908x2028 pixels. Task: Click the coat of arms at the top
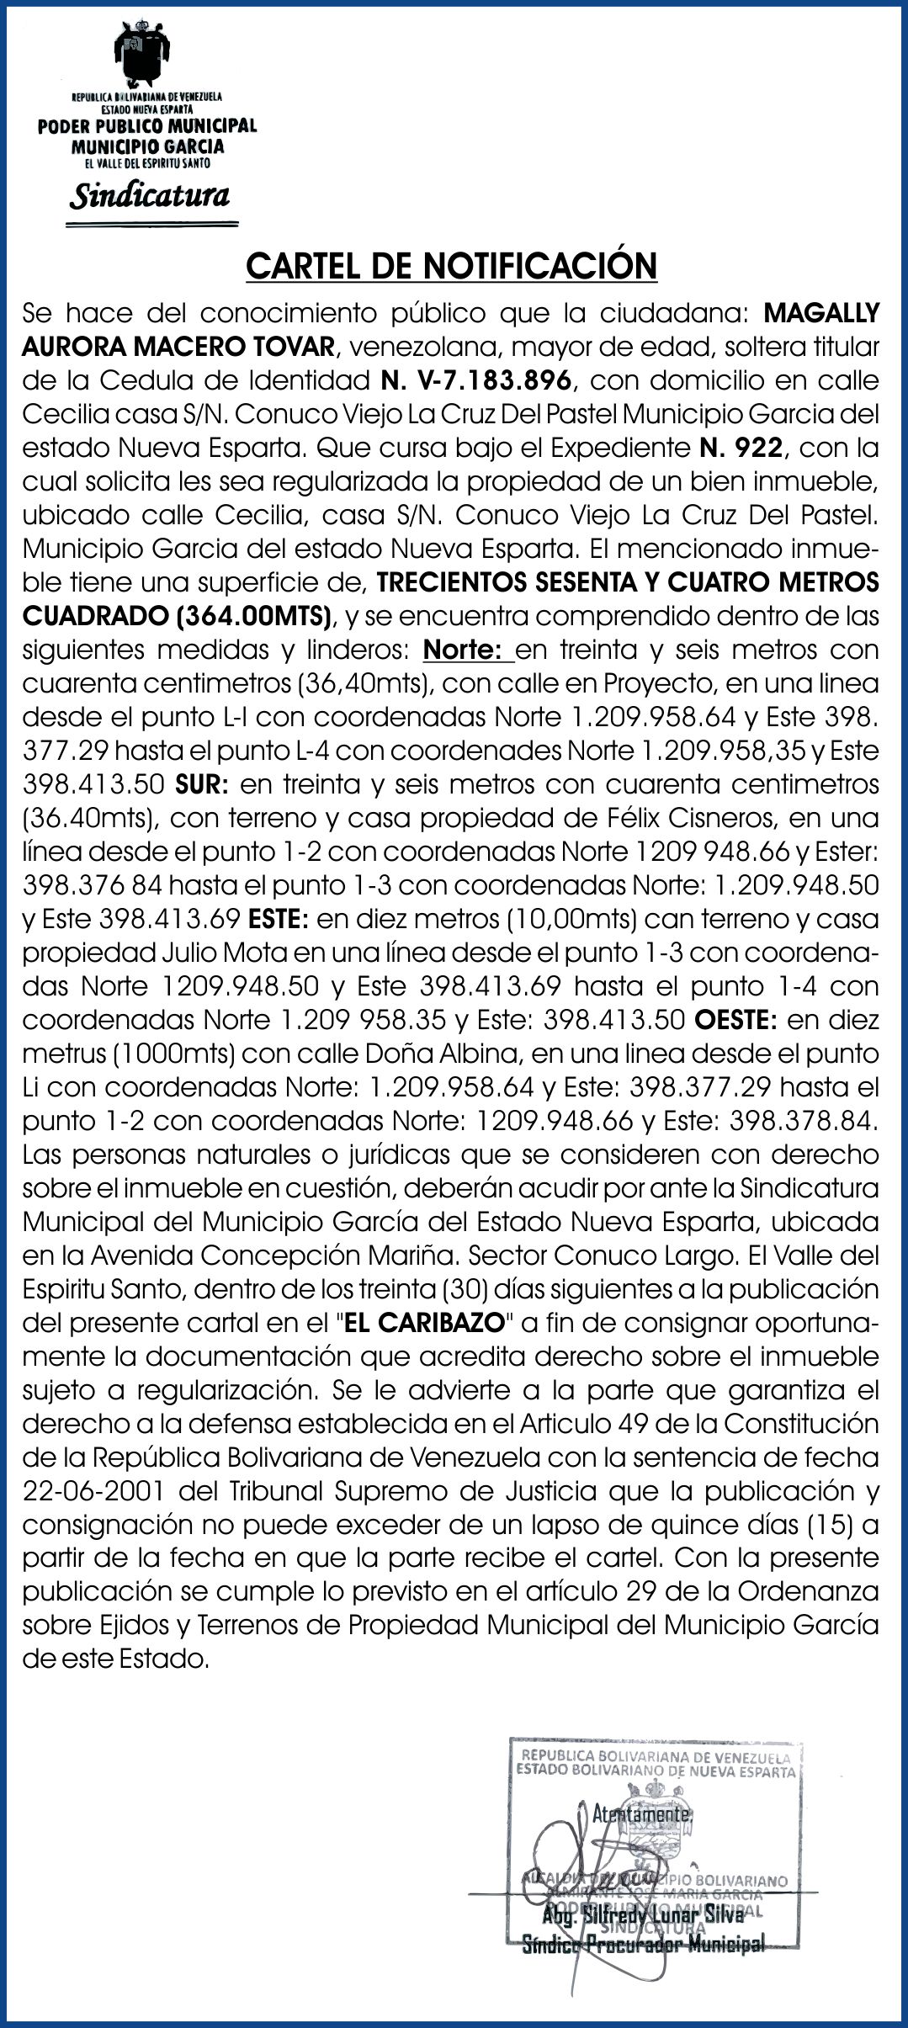tap(147, 52)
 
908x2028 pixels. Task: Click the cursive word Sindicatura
tap(150, 196)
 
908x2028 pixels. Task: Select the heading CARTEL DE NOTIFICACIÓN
tap(451, 266)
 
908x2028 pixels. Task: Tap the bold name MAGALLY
tap(820, 313)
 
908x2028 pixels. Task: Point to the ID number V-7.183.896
tap(477, 380)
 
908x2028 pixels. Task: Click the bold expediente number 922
tap(758, 448)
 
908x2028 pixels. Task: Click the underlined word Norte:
tap(468, 650)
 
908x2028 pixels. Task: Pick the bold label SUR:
tap(202, 784)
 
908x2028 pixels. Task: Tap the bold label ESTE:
tap(279, 919)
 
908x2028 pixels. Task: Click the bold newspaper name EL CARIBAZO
tap(424, 1323)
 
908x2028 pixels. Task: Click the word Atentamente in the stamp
tap(642, 1814)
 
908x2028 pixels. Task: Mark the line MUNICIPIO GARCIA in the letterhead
tap(148, 146)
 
